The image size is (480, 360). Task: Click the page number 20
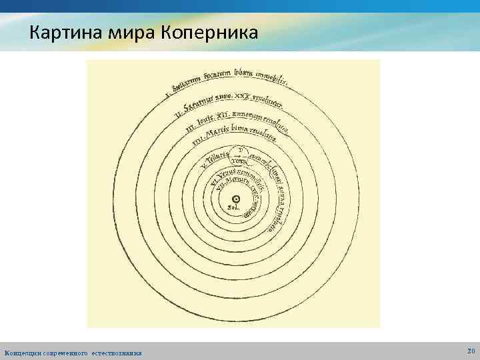tap(471, 350)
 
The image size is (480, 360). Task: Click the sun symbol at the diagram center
tap(236, 199)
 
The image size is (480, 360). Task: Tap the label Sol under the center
tap(235, 209)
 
